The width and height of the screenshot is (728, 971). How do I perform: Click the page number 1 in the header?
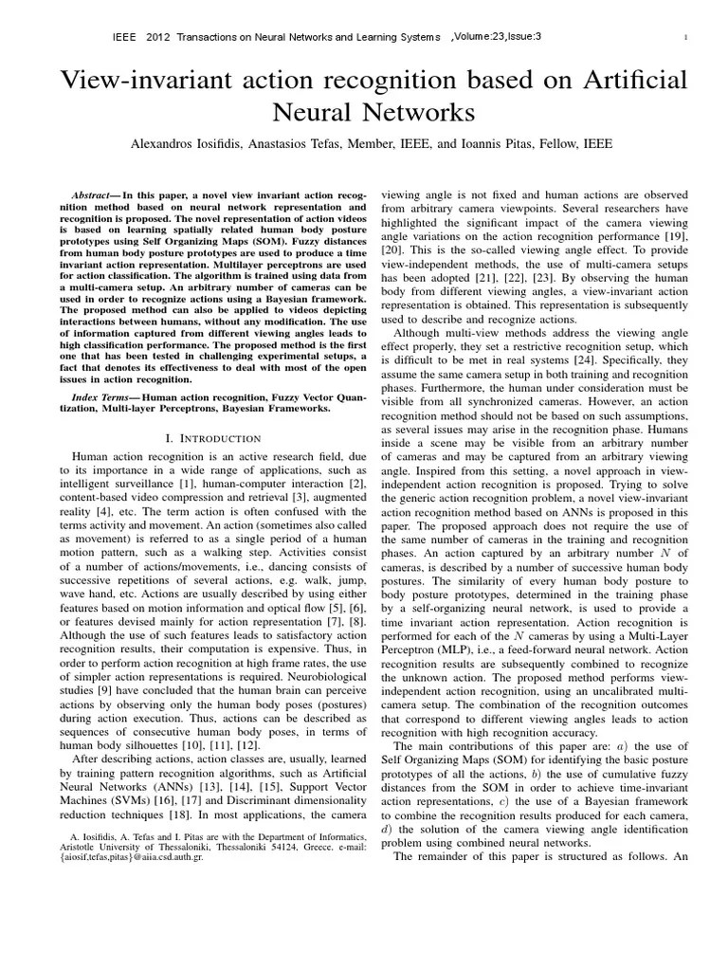(683, 38)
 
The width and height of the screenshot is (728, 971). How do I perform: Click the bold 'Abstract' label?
(97, 192)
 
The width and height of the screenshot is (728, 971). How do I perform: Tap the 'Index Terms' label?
(105, 395)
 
